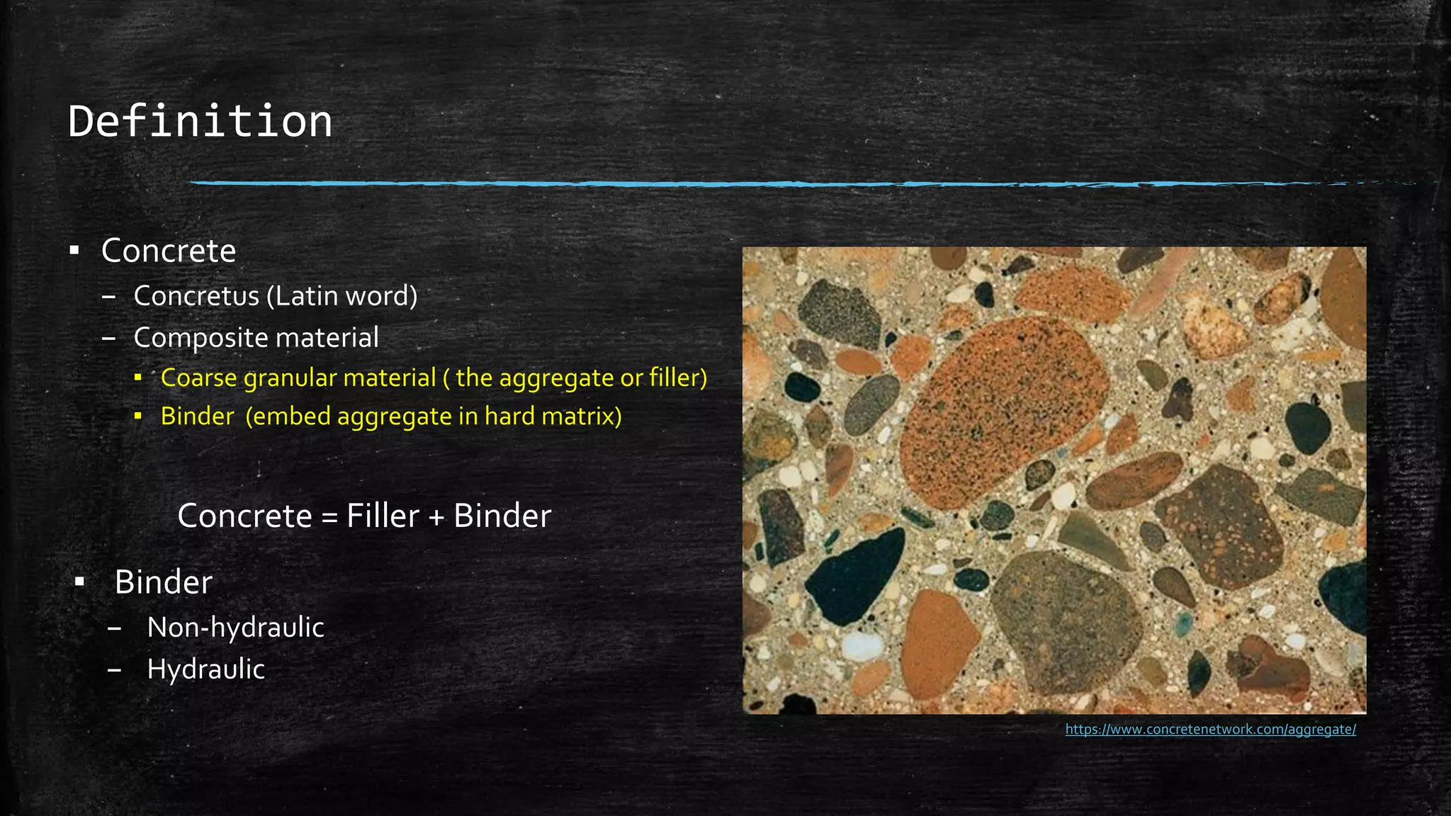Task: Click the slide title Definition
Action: tap(201, 121)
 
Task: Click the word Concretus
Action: tap(196, 296)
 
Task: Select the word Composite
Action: tap(201, 338)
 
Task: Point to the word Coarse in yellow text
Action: tap(199, 378)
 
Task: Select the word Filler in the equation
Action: tap(383, 516)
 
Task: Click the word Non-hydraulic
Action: tap(235, 628)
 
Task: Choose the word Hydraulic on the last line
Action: tap(205, 669)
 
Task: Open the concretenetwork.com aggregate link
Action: tap(1210, 730)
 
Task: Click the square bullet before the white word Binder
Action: tap(80, 582)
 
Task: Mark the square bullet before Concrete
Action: tap(74, 251)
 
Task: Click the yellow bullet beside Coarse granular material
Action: tap(138, 378)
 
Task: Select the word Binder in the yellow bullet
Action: tap(197, 416)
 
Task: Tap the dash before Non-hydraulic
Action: tap(115, 628)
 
